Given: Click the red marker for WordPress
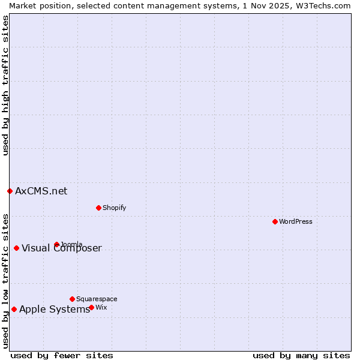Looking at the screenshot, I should coord(275,221).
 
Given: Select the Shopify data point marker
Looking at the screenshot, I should coord(98,208).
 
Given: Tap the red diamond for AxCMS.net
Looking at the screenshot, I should coord(10,191).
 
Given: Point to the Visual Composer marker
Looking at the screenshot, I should coord(16,248).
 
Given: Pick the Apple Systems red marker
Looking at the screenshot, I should coord(14,309).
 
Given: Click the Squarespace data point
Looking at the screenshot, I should coord(72,299).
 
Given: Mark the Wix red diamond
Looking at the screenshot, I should coord(91,307).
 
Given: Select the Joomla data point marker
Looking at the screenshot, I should coord(56,244).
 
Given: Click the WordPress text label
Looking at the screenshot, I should coord(296,221).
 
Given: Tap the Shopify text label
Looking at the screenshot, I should coord(114,208).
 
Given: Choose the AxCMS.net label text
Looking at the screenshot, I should coord(41,191).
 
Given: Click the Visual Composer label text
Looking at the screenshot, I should coord(62,248).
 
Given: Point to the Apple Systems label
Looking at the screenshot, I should coord(55,309).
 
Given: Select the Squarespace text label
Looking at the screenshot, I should coord(97,299).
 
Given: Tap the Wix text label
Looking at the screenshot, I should coord(101,307).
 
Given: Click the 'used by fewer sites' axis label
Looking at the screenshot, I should coord(62,355).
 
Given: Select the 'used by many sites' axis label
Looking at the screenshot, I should coord(301,355).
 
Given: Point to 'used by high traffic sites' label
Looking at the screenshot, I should coord(5,85).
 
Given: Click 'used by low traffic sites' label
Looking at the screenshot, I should coord(5,280).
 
